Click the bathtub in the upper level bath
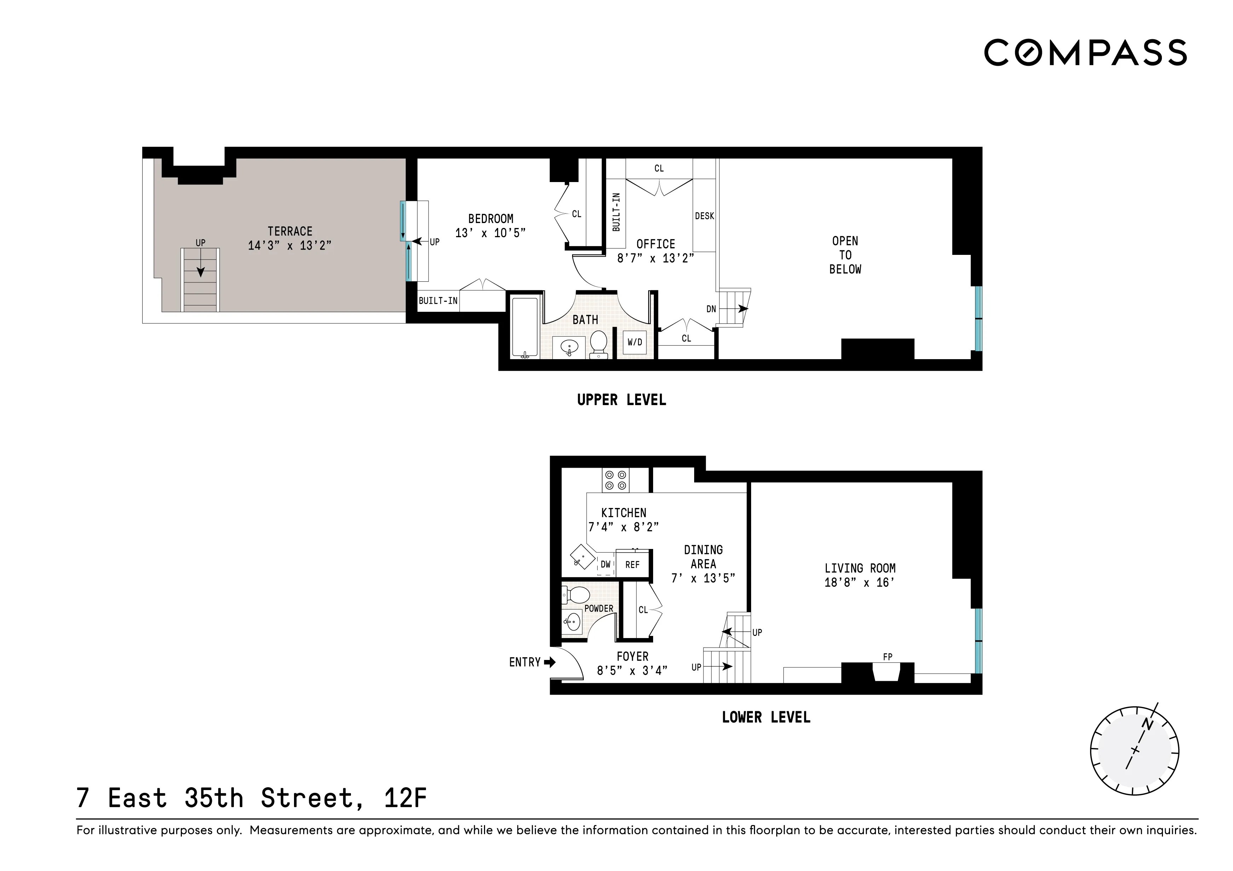click(524, 327)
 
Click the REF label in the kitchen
click(633, 565)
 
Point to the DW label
click(606, 565)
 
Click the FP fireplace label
click(888, 657)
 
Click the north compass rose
click(1135, 750)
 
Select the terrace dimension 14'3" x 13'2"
click(290, 246)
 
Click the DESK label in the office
click(704, 216)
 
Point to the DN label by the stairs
click(711, 309)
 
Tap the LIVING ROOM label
click(860, 568)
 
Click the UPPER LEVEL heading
click(621, 400)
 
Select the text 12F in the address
click(405, 798)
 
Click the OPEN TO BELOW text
click(845, 255)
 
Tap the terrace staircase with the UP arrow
click(200, 279)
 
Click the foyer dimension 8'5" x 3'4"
click(632, 670)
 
